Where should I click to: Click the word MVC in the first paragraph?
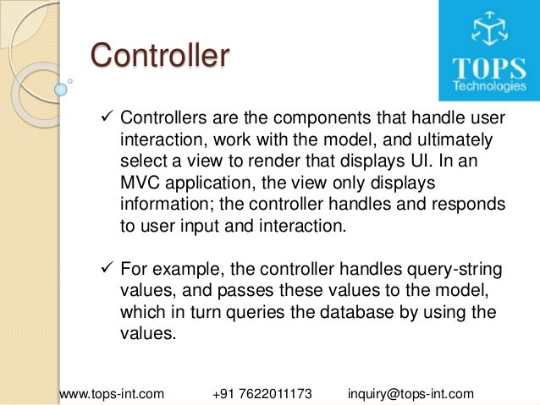(140, 183)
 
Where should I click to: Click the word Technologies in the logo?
(488, 86)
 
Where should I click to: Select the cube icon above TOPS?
(488, 31)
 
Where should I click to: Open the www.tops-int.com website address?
(111, 394)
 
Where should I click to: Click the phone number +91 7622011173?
(263, 394)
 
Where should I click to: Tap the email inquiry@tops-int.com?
(411, 394)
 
